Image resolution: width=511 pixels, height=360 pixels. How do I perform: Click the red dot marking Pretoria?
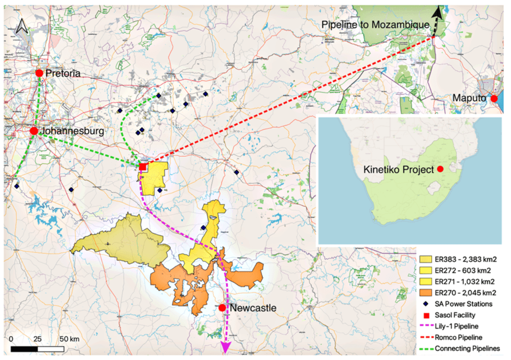(39, 73)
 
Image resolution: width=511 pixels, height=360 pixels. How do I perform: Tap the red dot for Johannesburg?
(34, 131)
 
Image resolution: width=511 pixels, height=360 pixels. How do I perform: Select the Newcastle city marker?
(222, 308)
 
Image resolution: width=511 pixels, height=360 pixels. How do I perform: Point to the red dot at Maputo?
(494, 98)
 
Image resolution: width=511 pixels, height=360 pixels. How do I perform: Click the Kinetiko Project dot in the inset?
(440, 169)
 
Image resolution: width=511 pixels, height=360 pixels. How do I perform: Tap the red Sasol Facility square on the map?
(142, 167)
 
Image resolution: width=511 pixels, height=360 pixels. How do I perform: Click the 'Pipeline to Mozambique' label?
(375, 24)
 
